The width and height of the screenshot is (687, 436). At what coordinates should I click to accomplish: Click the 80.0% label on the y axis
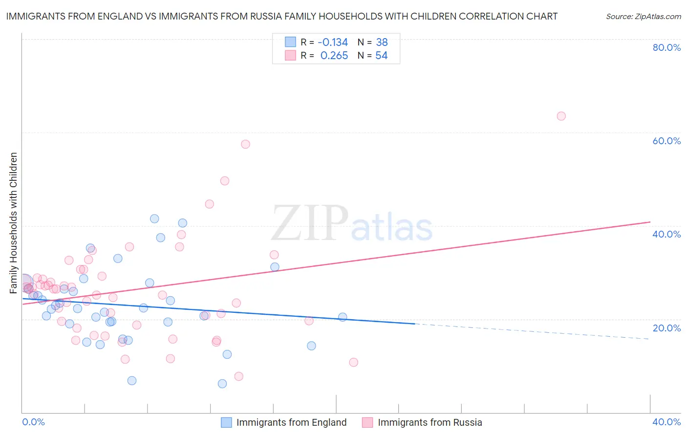point(666,47)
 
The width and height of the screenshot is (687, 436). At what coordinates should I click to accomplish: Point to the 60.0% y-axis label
point(666,141)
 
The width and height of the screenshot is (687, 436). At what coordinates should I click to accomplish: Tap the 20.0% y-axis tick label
point(666,327)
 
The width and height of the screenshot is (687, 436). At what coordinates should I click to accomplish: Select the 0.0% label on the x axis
point(33,422)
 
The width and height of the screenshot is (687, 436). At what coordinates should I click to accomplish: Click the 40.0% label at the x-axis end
point(666,422)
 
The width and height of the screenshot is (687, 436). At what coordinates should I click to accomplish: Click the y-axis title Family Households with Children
point(13,223)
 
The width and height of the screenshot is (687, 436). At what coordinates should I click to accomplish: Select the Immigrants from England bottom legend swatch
point(226,422)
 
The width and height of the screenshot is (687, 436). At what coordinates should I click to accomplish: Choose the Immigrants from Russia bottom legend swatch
point(367,422)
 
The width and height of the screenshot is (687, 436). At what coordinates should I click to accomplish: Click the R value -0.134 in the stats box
point(333,42)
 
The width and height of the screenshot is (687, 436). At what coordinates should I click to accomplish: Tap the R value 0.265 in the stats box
point(334,56)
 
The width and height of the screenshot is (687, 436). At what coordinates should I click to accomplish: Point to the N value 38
point(382,42)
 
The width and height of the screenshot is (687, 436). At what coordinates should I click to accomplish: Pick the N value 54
point(382,56)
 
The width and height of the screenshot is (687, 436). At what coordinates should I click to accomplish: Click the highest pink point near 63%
point(561,116)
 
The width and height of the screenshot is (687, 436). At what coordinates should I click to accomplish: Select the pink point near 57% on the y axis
point(245,144)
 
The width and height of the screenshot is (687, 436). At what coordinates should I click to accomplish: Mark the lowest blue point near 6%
point(222,384)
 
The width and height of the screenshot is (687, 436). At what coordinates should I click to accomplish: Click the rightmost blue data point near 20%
point(343,317)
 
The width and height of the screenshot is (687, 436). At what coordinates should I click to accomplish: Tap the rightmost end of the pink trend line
point(650,222)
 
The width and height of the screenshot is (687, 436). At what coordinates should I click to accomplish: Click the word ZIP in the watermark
point(310,223)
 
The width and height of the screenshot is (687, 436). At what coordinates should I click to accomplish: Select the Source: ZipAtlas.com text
point(643,17)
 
